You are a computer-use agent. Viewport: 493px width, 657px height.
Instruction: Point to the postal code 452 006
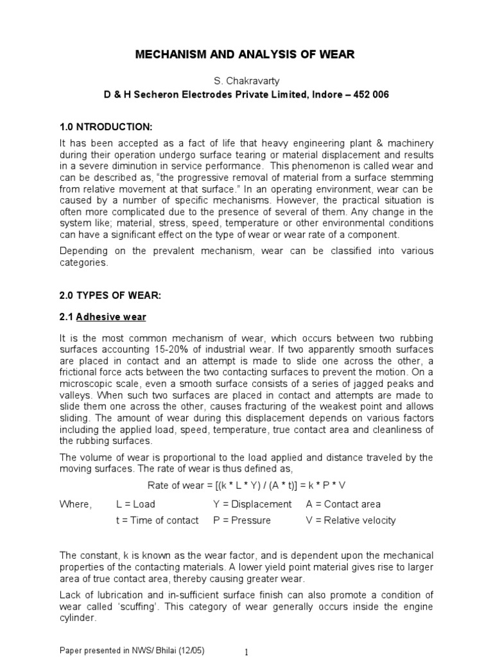point(371,94)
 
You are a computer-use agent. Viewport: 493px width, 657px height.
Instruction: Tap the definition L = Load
point(135,504)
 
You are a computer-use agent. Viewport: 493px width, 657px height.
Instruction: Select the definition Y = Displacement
point(252,504)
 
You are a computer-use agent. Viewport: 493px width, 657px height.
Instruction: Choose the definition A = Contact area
point(343,504)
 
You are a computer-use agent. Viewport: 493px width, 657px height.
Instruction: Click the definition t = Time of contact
point(157,520)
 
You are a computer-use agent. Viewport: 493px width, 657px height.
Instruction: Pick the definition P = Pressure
point(241,520)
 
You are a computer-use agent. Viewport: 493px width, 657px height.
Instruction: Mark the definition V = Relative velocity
point(350,520)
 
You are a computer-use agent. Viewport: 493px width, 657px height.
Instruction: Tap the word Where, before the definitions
point(76,504)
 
